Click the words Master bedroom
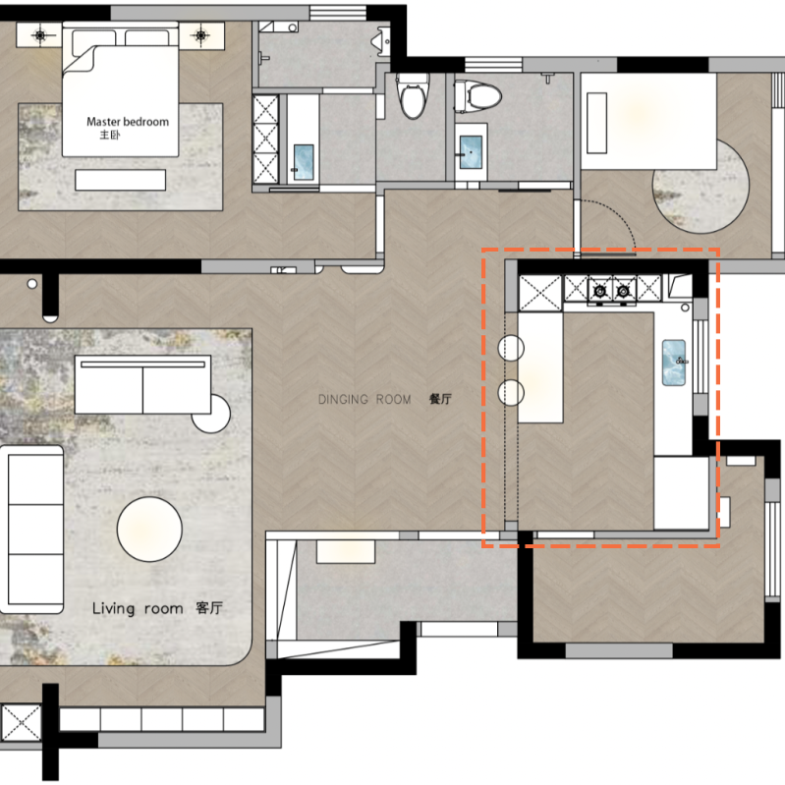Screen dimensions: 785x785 coord(128,122)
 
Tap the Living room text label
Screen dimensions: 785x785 coord(138,609)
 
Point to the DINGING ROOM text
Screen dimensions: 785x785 coord(364,400)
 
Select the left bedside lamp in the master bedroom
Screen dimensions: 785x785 coord(39,35)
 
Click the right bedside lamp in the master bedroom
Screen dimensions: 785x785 coord(200,35)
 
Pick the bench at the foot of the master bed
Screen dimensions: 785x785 coord(120,180)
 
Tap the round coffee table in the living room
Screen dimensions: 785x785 coord(149,529)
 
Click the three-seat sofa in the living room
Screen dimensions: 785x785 coord(32,530)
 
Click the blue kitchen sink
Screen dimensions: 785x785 coord(674,363)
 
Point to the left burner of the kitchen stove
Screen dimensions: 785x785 coord(599,291)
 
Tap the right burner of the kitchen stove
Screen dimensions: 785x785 coord(623,291)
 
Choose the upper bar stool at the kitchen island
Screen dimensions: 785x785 coord(511,348)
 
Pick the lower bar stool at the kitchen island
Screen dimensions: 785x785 coord(511,392)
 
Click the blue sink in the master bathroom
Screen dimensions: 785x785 coord(304,162)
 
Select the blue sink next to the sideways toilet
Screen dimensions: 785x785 coord(472,151)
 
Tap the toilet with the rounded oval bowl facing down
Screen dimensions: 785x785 coord(413,96)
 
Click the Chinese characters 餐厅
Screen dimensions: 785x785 coord(440,399)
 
